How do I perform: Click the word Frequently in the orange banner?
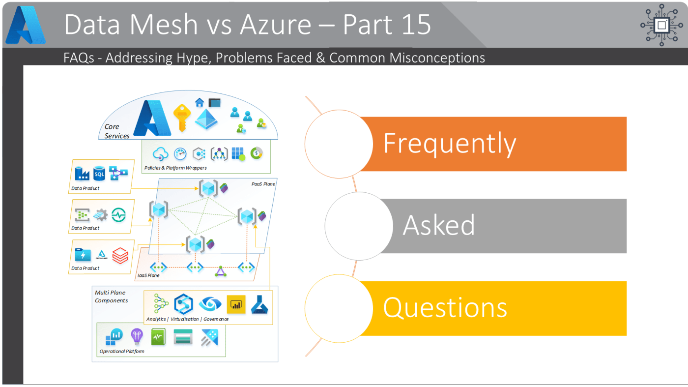(x=449, y=144)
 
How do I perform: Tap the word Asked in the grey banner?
(x=438, y=225)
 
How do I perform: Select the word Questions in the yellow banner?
(x=445, y=307)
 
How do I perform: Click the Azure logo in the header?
(x=26, y=25)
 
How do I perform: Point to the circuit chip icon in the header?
(x=661, y=25)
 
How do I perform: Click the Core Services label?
(x=116, y=131)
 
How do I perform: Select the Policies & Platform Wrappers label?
(x=175, y=168)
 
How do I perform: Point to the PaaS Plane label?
(x=263, y=184)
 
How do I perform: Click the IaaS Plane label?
(x=148, y=275)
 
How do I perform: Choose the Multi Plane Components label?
(x=111, y=297)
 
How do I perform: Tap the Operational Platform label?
(x=122, y=351)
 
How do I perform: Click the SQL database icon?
(x=99, y=173)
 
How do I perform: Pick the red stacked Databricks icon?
(x=120, y=256)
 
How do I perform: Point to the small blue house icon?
(x=199, y=102)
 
